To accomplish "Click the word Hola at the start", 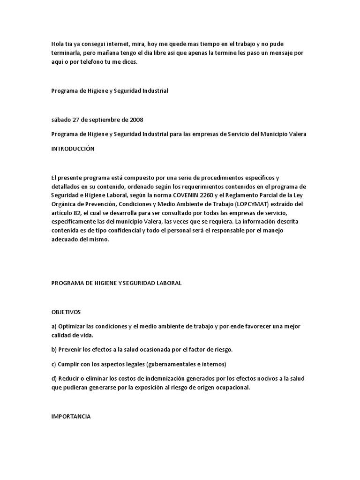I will pyautogui.click(x=57, y=44).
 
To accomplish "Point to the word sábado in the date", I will pyautogui.click(x=61, y=120).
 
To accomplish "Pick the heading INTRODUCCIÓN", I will pyautogui.click(x=73, y=149).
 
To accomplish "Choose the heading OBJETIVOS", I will pyautogui.click(x=66, y=312).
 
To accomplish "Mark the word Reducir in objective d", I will pyautogui.click(x=70, y=378).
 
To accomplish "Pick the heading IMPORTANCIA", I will pyautogui.click(x=70, y=416).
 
